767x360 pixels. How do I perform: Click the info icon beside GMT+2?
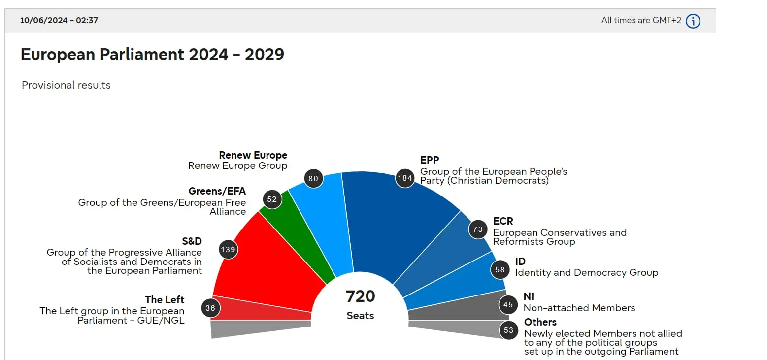point(693,21)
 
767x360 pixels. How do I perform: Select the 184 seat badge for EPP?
point(404,178)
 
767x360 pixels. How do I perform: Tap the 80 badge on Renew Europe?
point(313,179)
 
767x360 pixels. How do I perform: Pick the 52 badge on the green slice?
point(272,199)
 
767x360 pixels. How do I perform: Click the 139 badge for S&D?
point(228,250)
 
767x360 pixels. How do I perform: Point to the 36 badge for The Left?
point(210,308)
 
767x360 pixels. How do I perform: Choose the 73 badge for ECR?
point(477,229)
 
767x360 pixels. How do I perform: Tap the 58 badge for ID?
point(500,269)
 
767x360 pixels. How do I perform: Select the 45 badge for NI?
point(508,305)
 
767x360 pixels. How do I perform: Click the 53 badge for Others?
point(509,330)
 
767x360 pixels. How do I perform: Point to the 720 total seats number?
point(360,296)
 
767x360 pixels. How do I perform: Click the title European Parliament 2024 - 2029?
point(152,54)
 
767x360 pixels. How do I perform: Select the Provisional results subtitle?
point(66,85)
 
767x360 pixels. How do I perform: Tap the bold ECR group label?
point(503,221)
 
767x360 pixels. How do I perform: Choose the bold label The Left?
point(165,300)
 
